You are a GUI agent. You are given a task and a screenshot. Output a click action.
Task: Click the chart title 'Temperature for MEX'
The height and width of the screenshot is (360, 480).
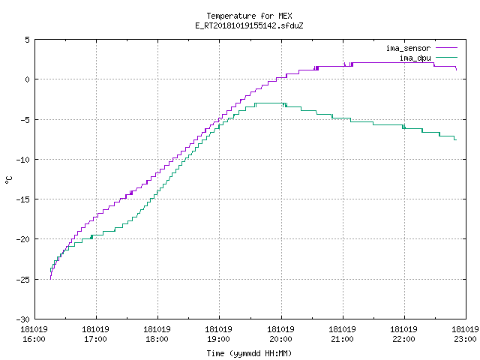[249, 16]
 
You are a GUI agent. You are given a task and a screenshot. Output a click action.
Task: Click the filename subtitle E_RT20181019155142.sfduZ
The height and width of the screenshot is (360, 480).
[249, 25]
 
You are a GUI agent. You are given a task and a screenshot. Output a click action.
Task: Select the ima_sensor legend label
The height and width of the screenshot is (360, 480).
[408, 48]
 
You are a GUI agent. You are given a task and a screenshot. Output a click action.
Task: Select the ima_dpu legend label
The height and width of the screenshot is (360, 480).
[415, 58]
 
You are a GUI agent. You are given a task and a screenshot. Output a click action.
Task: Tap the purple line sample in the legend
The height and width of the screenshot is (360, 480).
[446, 48]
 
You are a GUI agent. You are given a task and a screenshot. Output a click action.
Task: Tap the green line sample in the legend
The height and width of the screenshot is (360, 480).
[446, 57]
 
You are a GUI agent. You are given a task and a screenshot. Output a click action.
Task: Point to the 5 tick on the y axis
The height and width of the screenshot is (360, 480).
[28, 40]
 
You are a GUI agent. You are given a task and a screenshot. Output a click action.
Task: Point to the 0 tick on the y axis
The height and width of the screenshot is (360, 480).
[28, 79]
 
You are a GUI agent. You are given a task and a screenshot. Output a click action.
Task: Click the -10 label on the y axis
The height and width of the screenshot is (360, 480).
[23, 160]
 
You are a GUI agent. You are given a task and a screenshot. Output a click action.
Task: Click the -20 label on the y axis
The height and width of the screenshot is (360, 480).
[23, 239]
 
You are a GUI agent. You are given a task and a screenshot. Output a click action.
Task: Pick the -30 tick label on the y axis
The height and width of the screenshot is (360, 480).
[23, 319]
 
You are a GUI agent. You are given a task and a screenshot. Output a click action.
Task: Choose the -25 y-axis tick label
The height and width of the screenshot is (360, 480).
[23, 280]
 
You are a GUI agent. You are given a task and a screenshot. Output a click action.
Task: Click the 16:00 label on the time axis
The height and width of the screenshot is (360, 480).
[34, 339]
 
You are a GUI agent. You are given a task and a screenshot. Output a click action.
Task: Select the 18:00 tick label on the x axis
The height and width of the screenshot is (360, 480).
[157, 339]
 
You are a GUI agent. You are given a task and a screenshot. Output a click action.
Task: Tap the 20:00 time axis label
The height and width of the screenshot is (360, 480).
[280, 339]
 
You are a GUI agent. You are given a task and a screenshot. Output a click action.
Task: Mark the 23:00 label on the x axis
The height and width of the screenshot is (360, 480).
[465, 339]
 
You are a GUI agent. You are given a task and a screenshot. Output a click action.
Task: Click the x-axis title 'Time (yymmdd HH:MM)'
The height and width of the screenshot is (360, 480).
[249, 353]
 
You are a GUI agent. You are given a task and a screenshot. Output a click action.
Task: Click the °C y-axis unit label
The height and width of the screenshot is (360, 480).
[8, 180]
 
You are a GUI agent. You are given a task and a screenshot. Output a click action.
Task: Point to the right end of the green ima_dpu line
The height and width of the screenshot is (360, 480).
[457, 140]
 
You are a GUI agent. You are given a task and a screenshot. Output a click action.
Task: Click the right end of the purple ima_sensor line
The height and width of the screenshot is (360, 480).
[457, 70]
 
